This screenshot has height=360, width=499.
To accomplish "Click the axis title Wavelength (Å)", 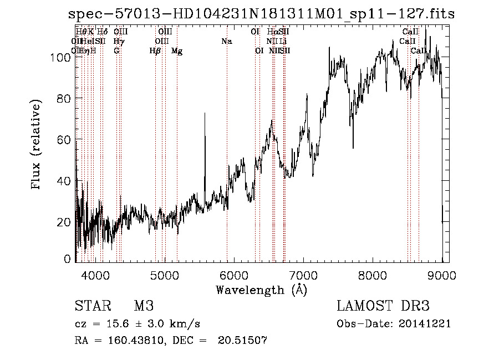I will tap(261, 290).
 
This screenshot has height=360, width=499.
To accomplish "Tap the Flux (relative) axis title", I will tap(37, 145).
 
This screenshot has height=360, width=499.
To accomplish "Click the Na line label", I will tap(226, 42).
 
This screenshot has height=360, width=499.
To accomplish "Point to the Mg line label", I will tap(177, 51).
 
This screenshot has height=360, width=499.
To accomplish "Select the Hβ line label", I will tap(155, 51).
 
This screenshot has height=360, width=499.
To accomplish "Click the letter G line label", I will tap(116, 51).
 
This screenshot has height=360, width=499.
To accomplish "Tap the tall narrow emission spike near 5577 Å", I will tap(205, 116).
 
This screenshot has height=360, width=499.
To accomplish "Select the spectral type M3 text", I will tap(143, 306).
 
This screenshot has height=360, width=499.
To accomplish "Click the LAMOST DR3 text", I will tap(383, 306).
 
